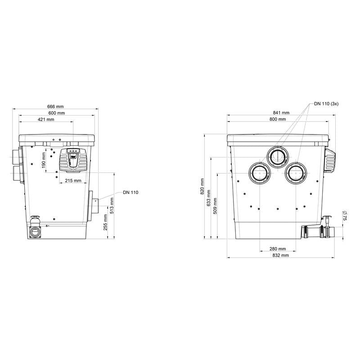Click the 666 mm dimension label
coord(55,107)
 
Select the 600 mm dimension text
coord(57,113)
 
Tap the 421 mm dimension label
coord(46,119)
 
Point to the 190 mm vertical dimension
coord(44,160)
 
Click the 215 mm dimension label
coord(73,181)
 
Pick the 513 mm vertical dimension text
coord(112,206)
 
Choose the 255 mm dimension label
coord(105,222)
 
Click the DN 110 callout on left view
coord(130,193)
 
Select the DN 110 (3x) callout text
coord(326,104)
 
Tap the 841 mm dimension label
coord(281,113)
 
